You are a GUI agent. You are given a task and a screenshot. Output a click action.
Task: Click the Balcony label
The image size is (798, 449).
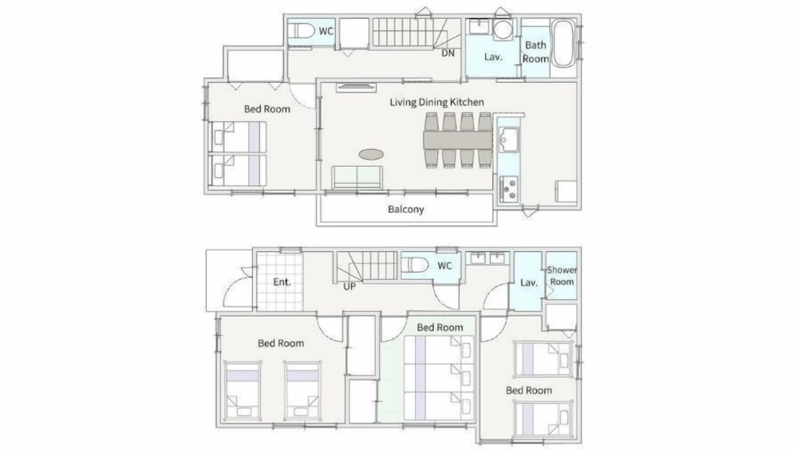pyautogui.click(x=405, y=209)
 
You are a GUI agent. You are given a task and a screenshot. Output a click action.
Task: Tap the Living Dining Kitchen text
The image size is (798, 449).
pyautogui.click(x=437, y=102)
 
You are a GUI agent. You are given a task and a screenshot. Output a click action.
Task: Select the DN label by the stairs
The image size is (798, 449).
pyautogui.click(x=448, y=53)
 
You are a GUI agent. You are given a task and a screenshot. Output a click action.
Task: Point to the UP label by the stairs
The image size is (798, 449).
pyautogui.click(x=350, y=286)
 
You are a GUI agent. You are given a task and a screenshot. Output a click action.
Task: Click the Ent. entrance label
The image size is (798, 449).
pyautogui.click(x=282, y=282)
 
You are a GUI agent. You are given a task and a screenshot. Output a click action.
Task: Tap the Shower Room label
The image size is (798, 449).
pyautogui.click(x=562, y=276)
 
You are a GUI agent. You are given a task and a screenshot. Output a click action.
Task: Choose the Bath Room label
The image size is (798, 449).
pyautogui.click(x=535, y=52)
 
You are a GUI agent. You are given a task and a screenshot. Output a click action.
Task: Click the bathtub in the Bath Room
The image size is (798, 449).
pyautogui.click(x=563, y=43)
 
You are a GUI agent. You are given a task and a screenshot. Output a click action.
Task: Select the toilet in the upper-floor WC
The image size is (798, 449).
pyautogui.click(x=302, y=31)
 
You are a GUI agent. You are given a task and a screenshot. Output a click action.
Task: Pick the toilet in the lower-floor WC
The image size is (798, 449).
pyautogui.click(x=415, y=266)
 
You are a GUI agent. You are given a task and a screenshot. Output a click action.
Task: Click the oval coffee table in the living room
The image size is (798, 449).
pyautogui.click(x=371, y=154)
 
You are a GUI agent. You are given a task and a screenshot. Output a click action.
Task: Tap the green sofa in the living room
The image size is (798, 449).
pyautogui.click(x=358, y=178)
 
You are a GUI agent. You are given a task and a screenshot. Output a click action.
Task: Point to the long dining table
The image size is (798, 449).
pyautogui.click(x=457, y=140)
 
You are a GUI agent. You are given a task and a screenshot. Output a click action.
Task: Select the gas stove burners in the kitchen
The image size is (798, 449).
pyautogui.click(x=508, y=189)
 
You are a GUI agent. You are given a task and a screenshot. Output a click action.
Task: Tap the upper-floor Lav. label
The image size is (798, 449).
pyautogui.click(x=493, y=57)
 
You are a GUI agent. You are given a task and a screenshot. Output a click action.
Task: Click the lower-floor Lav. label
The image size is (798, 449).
pyautogui.click(x=529, y=283)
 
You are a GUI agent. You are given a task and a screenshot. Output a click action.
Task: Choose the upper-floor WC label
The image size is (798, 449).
pyautogui.click(x=326, y=31)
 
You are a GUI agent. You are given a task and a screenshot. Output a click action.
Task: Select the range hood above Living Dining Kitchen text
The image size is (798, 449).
pyautogui.click(x=356, y=87)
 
